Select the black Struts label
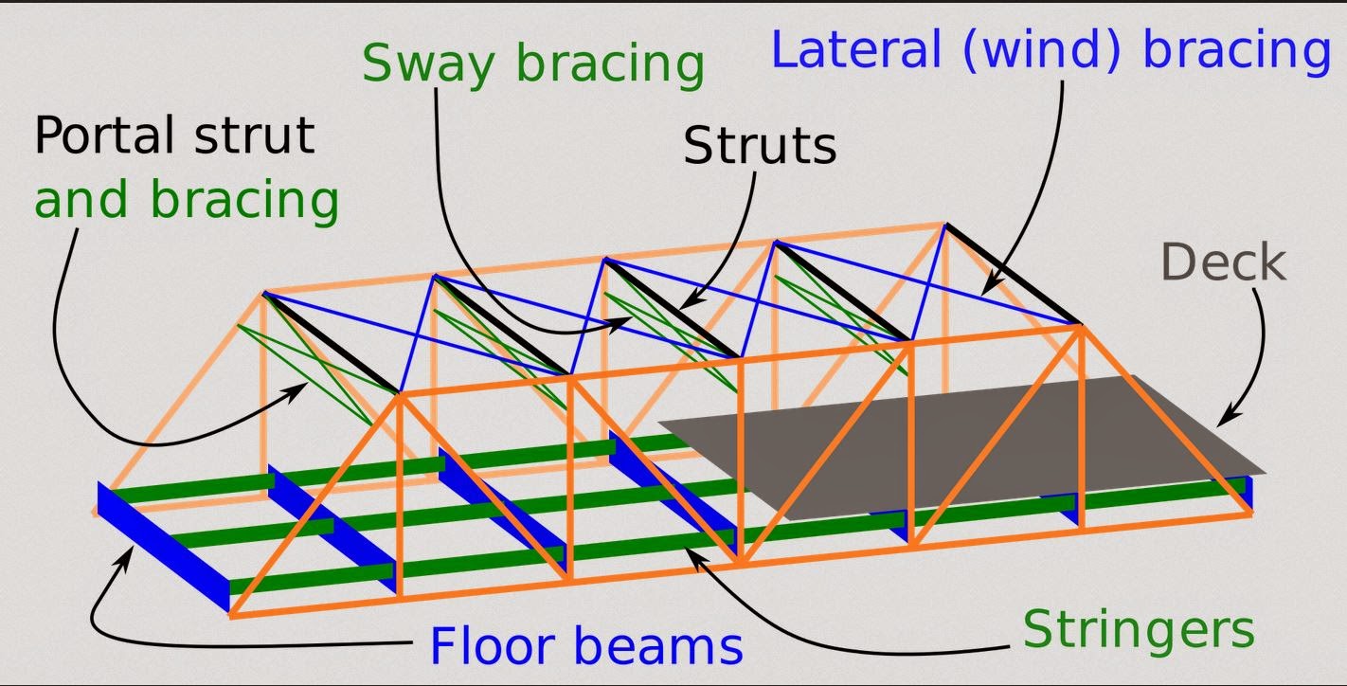pos(760,147)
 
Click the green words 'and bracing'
pos(187,201)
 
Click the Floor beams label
pos(586,646)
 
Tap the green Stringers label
pos(1139,628)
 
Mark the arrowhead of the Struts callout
pos(686,304)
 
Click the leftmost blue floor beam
pos(163,545)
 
